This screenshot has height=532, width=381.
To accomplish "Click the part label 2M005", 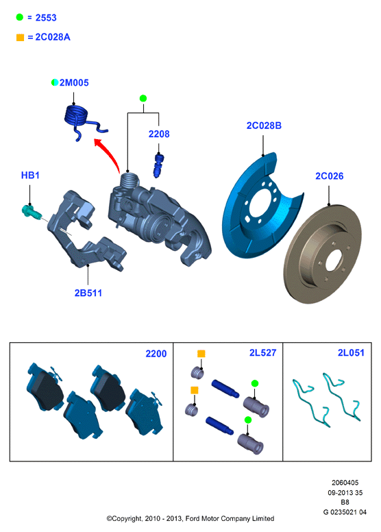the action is pos(74,83).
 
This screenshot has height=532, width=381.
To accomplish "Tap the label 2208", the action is pos(159,134).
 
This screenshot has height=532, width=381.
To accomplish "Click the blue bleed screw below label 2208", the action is pos(158,165).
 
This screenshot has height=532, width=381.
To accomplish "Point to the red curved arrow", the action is pos(110,154).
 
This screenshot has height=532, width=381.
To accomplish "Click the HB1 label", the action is pos(30,176).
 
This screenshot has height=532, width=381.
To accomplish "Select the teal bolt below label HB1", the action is pos(32,211).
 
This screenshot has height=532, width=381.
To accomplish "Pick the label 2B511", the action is pos(88,293).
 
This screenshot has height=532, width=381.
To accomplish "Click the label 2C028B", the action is pos(264,126).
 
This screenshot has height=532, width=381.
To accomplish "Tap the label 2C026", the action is pos(330,176).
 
